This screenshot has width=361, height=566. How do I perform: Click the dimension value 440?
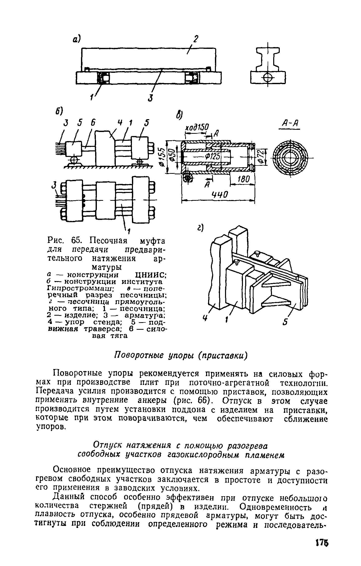click(219, 195)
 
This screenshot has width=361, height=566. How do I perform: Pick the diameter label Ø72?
click(260, 157)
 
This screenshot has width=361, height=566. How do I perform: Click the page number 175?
click(322, 543)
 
